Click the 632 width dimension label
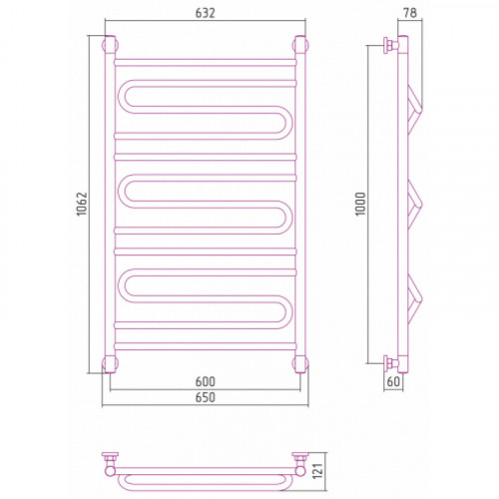(206, 13)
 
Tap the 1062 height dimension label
(82, 204)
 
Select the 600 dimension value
(206, 381)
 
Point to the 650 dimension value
(206, 397)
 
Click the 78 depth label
(410, 13)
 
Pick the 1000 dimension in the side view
(360, 204)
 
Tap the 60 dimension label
(393, 381)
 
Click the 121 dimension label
(318, 471)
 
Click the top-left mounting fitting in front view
(110, 45)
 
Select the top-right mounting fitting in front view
(300, 45)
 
